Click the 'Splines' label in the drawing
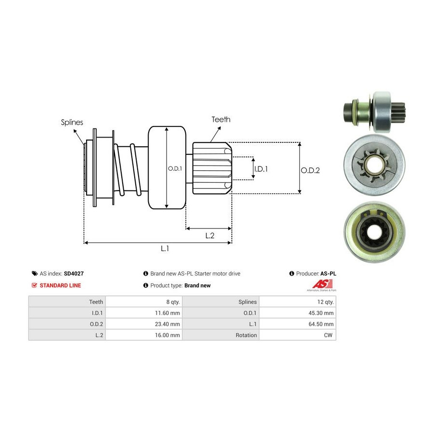[x=72, y=122]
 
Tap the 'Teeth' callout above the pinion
[x=221, y=119]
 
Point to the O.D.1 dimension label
[x=175, y=168]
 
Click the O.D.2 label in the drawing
[x=310, y=170]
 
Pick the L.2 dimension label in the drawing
[x=210, y=235]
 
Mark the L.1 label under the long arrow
[x=165, y=249]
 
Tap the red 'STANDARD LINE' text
[x=60, y=285]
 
